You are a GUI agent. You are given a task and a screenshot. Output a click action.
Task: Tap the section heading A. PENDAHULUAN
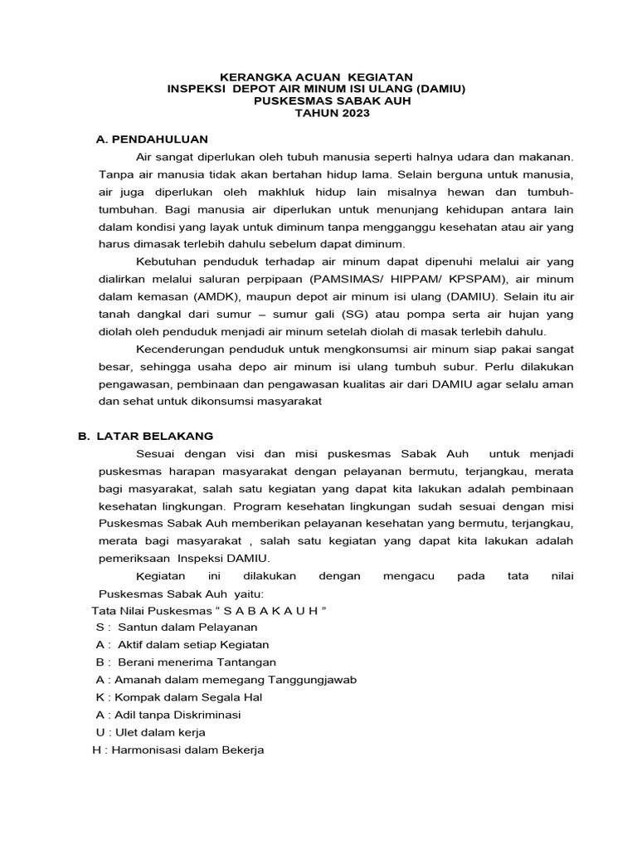152,139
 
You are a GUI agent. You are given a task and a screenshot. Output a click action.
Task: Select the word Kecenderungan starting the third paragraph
182,349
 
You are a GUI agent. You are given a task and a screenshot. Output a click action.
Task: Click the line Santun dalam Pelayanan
187,627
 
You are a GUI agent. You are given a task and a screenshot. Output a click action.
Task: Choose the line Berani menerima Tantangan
197,662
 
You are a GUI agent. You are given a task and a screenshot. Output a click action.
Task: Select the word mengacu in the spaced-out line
409,575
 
